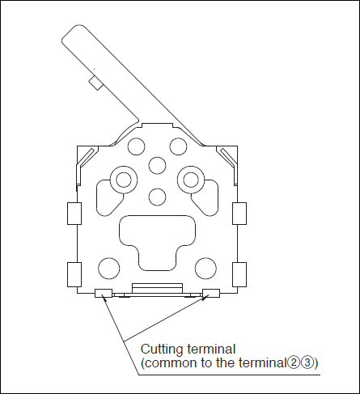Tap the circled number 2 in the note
click(292, 363)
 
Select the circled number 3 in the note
click(306, 363)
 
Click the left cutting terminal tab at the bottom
click(104, 293)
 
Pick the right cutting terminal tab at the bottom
click(211, 293)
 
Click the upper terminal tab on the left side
click(74, 214)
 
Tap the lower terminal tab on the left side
click(74, 274)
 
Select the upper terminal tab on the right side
click(239, 214)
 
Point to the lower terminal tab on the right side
click(239, 274)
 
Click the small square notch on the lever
click(95, 83)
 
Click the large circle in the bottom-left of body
click(109, 269)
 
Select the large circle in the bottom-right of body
click(205, 269)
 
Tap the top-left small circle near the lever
click(136, 146)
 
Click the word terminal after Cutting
click(211, 349)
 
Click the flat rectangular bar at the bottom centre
click(157, 288)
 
